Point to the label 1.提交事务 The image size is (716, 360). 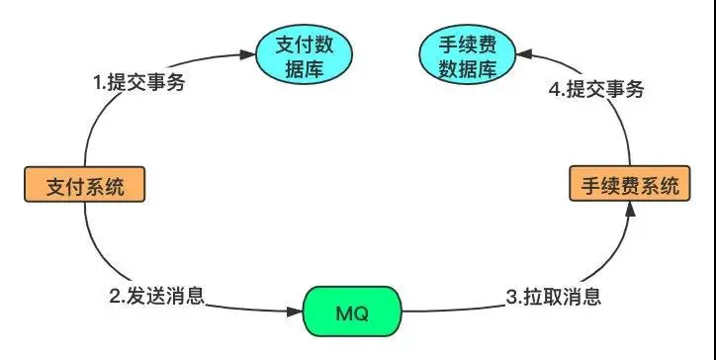point(139,83)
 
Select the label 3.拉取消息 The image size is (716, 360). point(555,295)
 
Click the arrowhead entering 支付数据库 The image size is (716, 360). point(248,55)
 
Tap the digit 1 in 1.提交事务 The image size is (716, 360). point(98,83)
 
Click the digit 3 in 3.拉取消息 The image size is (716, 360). point(512,295)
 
